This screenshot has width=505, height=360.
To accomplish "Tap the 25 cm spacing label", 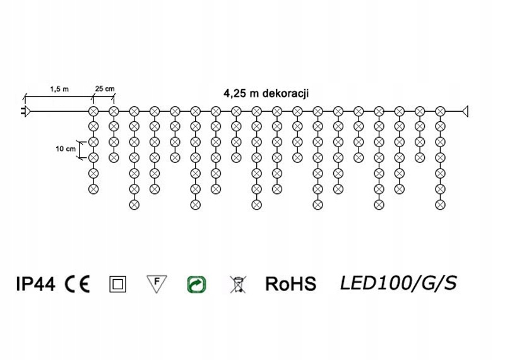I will click(x=104, y=89).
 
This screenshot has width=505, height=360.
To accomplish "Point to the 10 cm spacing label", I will click(x=65, y=149).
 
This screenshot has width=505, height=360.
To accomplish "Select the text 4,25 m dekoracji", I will click(x=265, y=93).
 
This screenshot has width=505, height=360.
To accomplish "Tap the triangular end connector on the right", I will click(x=466, y=111).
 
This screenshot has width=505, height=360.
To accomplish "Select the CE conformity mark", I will click(x=77, y=284).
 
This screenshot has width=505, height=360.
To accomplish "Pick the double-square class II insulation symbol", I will click(x=117, y=284).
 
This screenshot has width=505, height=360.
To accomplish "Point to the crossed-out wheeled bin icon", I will click(x=237, y=284).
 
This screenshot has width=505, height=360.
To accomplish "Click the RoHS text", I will click(x=290, y=284).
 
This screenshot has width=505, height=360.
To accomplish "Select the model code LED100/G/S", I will click(x=398, y=284).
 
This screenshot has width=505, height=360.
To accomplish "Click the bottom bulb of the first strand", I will click(x=93, y=188).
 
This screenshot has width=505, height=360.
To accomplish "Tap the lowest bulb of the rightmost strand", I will click(x=440, y=204).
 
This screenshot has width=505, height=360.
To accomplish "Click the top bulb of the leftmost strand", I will click(x=93, y=111).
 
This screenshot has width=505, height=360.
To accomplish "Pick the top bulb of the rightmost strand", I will click(x=440, y=111).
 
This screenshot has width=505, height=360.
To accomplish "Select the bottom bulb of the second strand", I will click(x=114, y=157).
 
